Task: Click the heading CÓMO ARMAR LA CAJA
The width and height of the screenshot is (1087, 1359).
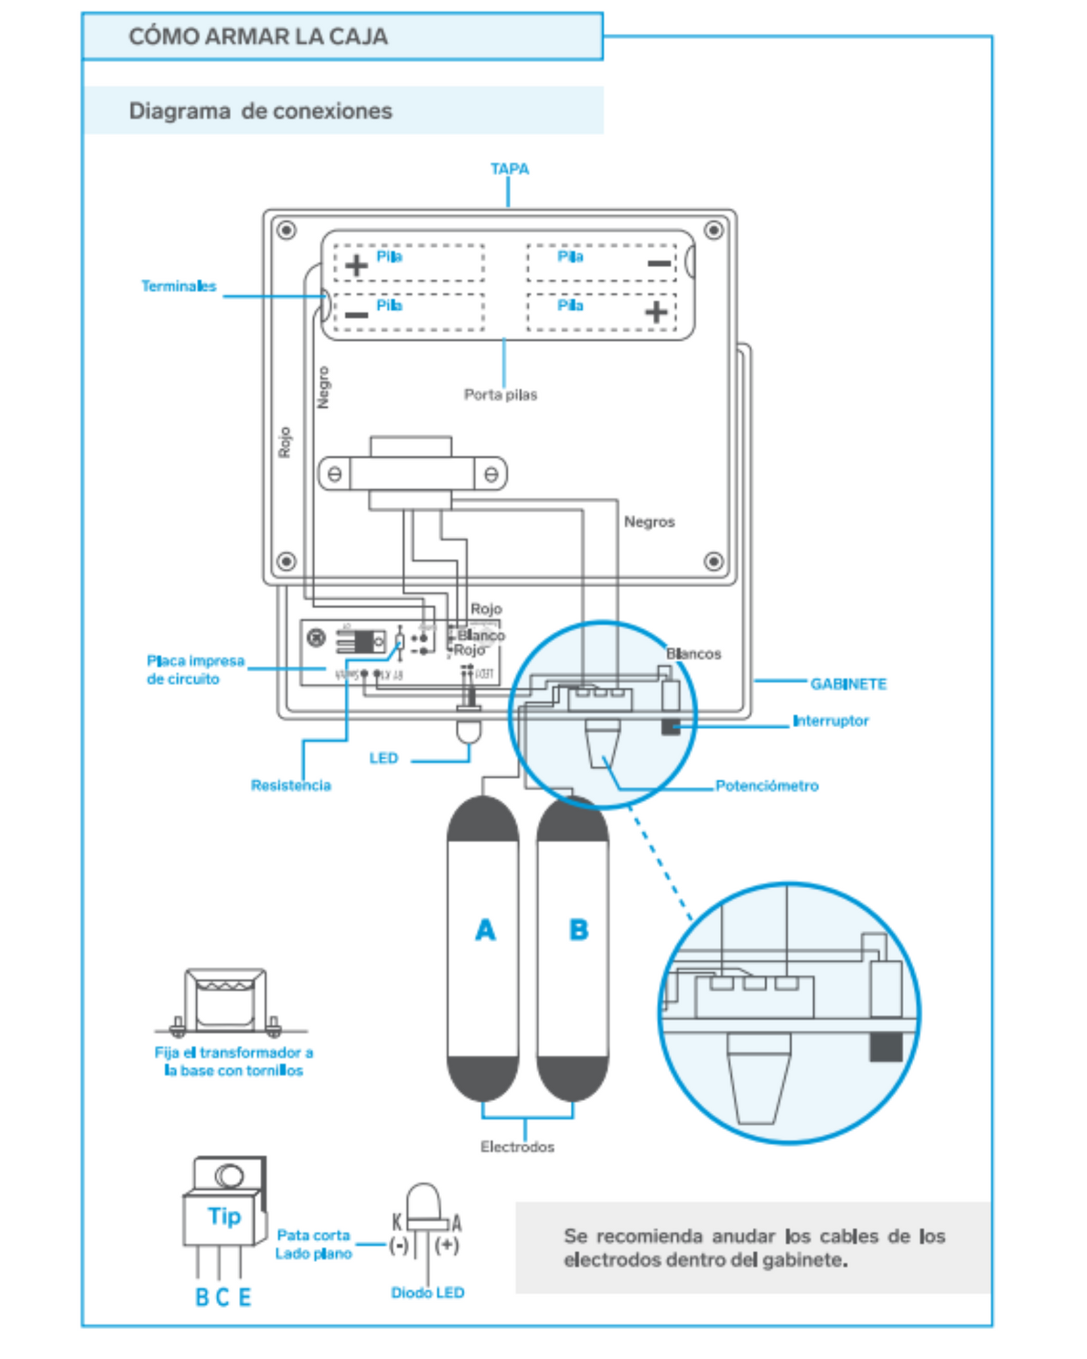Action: [258, 36]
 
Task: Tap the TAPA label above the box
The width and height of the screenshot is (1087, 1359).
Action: [509, 169]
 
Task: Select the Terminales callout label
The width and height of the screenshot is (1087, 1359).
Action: [178, 286]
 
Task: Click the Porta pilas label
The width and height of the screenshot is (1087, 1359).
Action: [500, 394]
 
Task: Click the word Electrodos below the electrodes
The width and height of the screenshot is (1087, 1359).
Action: [517, 1147]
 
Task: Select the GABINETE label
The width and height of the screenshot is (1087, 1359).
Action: [848, 684]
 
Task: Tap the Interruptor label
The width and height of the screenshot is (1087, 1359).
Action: [830, 721]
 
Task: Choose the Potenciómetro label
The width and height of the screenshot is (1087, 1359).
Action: [767, 786]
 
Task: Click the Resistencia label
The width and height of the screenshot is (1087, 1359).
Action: [290, 785]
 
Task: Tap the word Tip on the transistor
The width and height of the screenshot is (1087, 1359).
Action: [224, 1216]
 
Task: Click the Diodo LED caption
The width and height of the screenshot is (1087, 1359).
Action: [427, 1292]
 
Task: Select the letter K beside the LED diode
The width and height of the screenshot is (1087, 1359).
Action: [396, 1222]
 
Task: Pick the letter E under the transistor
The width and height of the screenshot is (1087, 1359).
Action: [245, 1297]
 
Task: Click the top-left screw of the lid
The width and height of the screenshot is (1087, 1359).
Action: [286, 230]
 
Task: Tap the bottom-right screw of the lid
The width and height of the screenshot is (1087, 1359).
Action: [713, 561]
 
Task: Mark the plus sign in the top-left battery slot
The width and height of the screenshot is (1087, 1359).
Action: [357, 265]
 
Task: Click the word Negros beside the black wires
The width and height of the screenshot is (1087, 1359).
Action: [649, 521]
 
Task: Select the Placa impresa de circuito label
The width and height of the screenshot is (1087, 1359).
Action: [195, 670]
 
